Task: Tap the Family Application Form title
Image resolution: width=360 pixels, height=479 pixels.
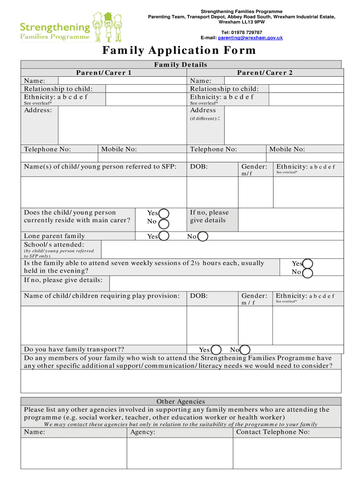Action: (179, 51)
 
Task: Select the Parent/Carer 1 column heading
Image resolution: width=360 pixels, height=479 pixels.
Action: (104, 73)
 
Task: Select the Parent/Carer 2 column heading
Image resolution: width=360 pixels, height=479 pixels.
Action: (265, 73)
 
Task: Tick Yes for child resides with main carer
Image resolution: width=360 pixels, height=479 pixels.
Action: (164, 213)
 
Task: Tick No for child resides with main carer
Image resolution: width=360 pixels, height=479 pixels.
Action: (164, 224)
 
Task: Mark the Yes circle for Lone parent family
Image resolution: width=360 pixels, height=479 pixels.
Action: (164, 236)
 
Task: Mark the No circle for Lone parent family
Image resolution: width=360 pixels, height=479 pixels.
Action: (202, 237)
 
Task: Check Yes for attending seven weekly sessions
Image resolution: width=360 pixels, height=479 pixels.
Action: (308, 264)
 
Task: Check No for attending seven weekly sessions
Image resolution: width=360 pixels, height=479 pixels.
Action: (308, 273)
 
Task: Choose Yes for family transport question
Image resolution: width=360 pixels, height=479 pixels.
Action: (216, 350)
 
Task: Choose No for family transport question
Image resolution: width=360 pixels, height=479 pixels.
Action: (245, 350)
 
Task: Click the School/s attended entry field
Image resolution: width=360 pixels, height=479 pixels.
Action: (222, 249)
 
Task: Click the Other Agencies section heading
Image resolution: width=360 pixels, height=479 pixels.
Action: (180, 401)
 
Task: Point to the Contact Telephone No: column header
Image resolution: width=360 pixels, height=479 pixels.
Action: (273, 432)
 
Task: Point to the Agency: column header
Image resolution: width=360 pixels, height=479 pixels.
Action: (143, 432)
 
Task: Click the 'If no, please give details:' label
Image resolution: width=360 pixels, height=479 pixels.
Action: (63, 280)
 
